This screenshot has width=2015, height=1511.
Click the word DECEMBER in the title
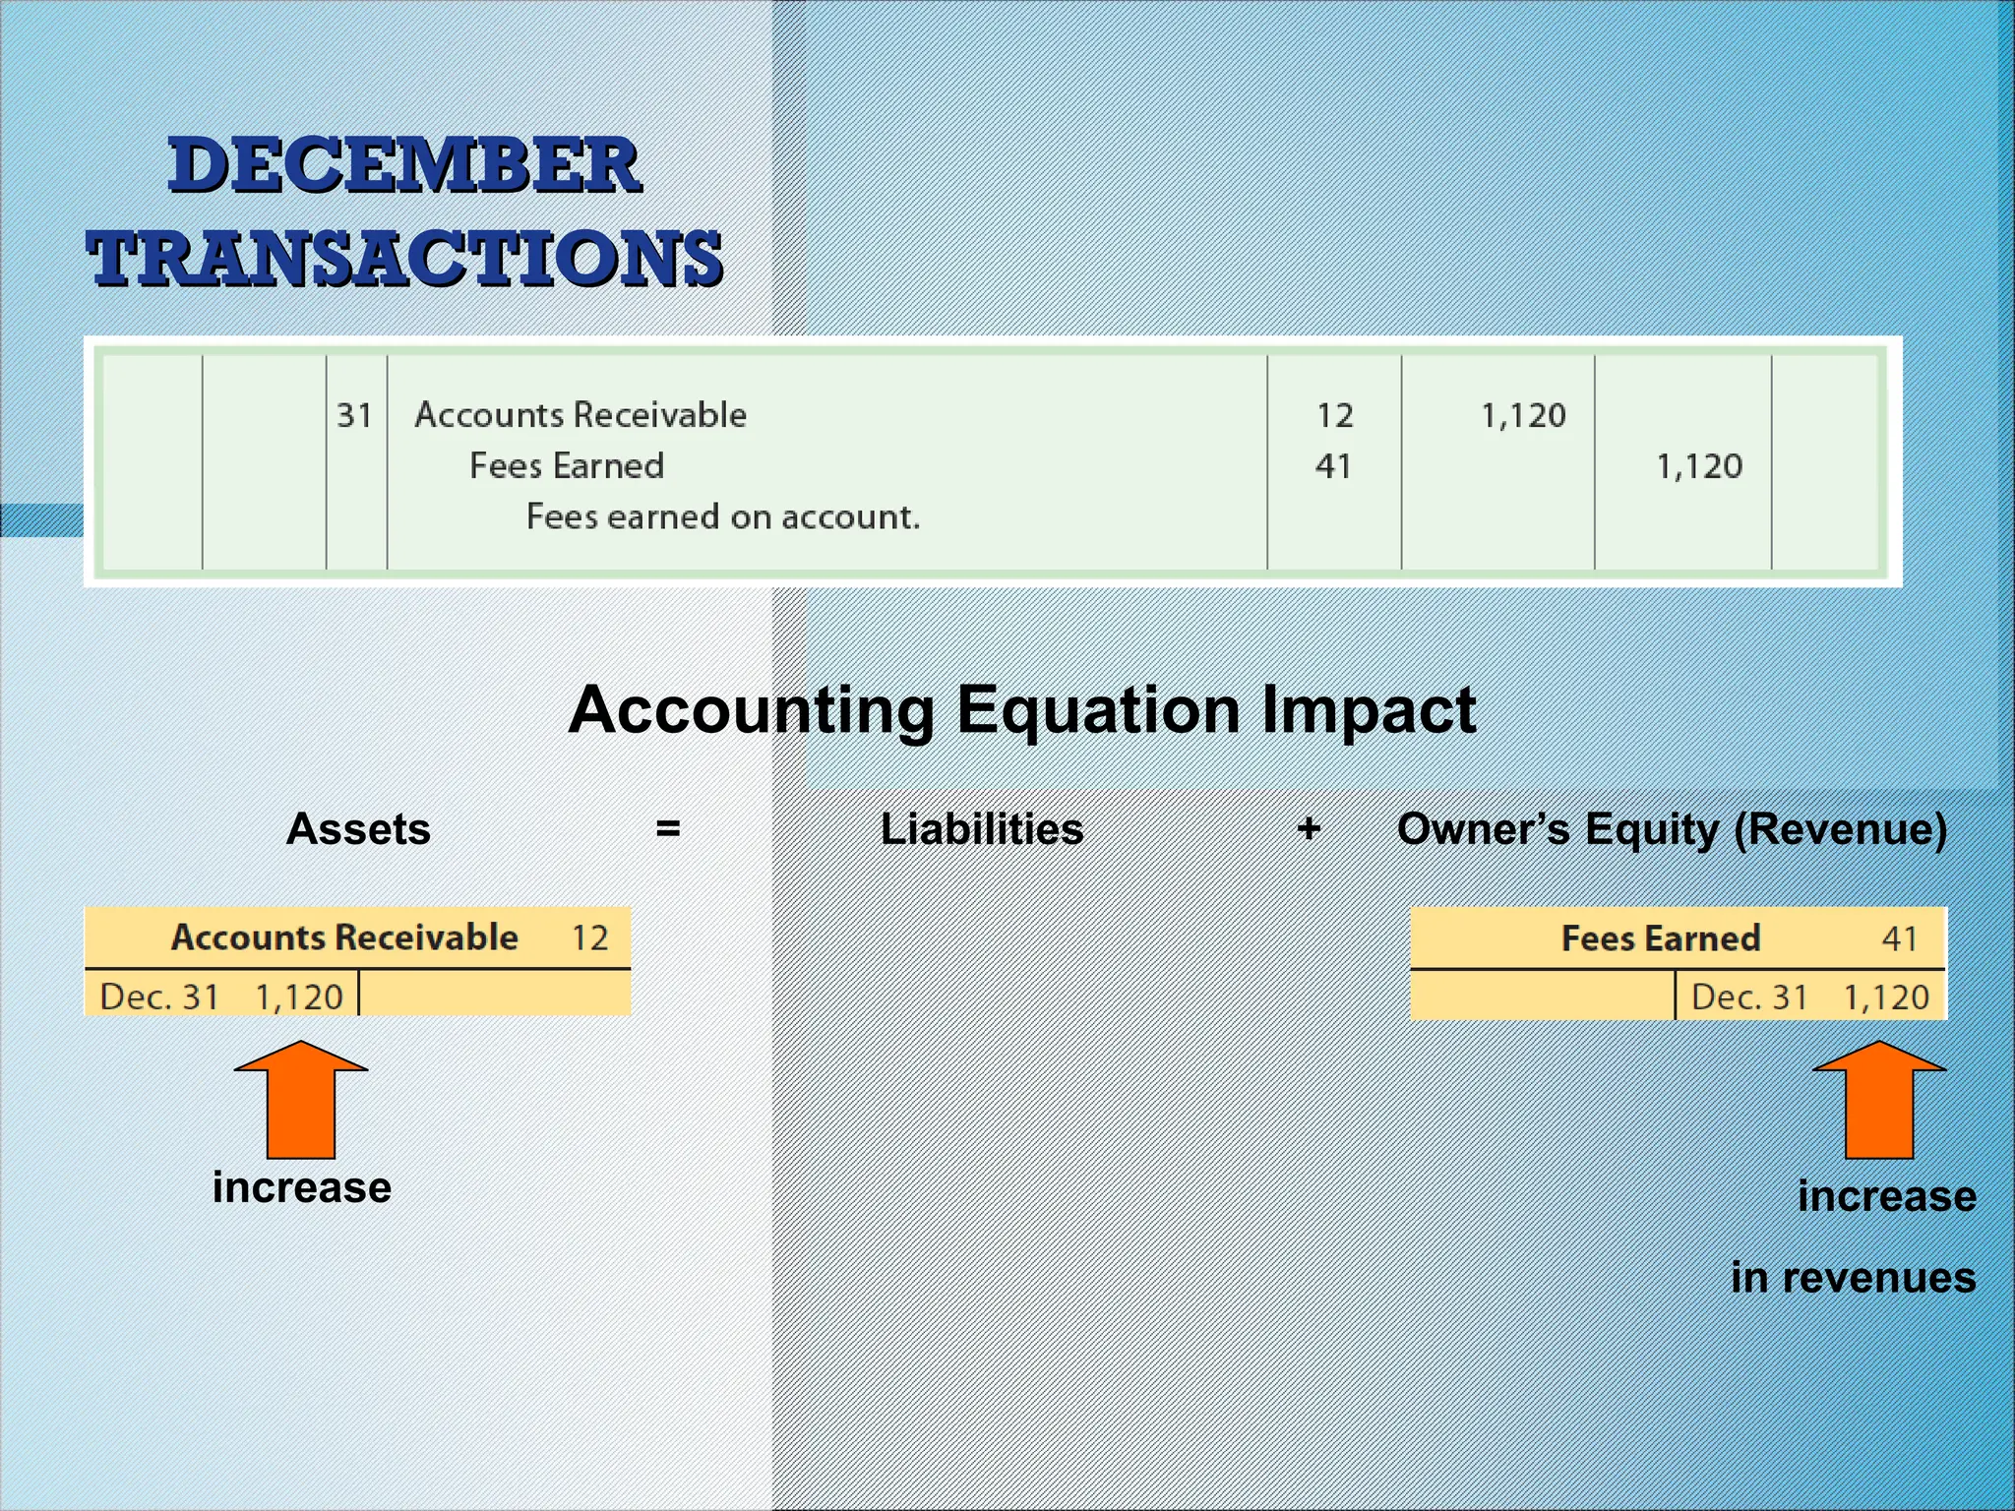point(404,165)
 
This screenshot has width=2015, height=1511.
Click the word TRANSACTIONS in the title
point(404,258)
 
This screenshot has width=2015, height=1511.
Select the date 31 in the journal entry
point(354,415)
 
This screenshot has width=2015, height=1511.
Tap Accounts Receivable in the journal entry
point(580,415)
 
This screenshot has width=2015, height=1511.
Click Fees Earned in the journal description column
point(567,466)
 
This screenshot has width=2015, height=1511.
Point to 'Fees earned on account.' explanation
point(723,517)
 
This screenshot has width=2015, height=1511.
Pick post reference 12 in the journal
point(1335,415)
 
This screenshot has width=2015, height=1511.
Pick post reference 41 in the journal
point(1333,466)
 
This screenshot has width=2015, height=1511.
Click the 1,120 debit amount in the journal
point(1523,415)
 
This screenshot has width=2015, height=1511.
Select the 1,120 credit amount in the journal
point(1699,466)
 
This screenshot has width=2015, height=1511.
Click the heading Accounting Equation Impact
point(1022,709)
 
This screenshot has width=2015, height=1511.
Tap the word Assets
point(358,829)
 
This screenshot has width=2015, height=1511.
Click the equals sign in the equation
point(668,829)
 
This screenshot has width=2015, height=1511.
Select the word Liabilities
point(982,829)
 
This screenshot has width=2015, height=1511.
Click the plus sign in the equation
point(1309,829)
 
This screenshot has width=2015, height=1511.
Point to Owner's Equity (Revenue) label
point(1672,829)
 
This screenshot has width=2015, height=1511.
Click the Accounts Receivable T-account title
point(344,937)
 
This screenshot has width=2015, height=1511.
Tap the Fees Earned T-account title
point(1661,938)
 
